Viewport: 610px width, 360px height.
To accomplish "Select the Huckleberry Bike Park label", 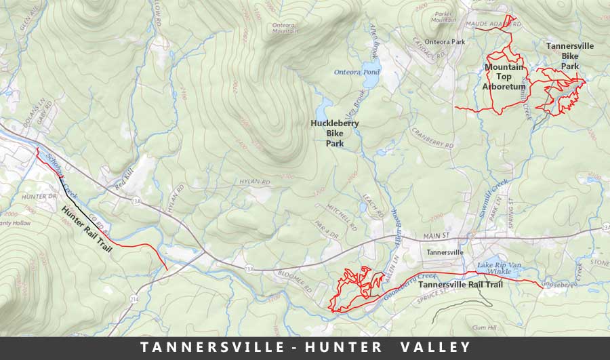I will coord(334,134).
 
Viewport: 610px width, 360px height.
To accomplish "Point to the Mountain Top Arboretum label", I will coord(504,77).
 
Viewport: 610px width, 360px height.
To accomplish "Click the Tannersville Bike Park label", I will coord(570,56).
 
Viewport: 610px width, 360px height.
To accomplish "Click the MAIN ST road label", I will coord(442,236).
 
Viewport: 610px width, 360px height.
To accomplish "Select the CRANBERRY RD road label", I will coord(432,138).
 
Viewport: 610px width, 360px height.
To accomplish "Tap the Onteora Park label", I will coord(448,41).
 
